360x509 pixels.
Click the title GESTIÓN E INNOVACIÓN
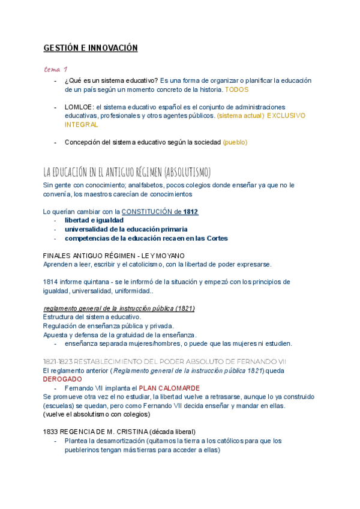point(90,48)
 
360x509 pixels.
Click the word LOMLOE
point(78,106)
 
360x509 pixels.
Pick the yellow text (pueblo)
point(235,142)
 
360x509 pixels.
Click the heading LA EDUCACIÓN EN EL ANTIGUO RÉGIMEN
point(127,172)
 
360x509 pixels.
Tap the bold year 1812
point(191,212)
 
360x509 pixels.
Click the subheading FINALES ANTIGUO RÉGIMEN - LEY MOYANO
point(114,256)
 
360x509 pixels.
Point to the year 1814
point(52,282)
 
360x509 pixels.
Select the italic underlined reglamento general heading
point(118,309)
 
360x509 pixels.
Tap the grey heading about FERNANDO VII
point(165,361)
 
